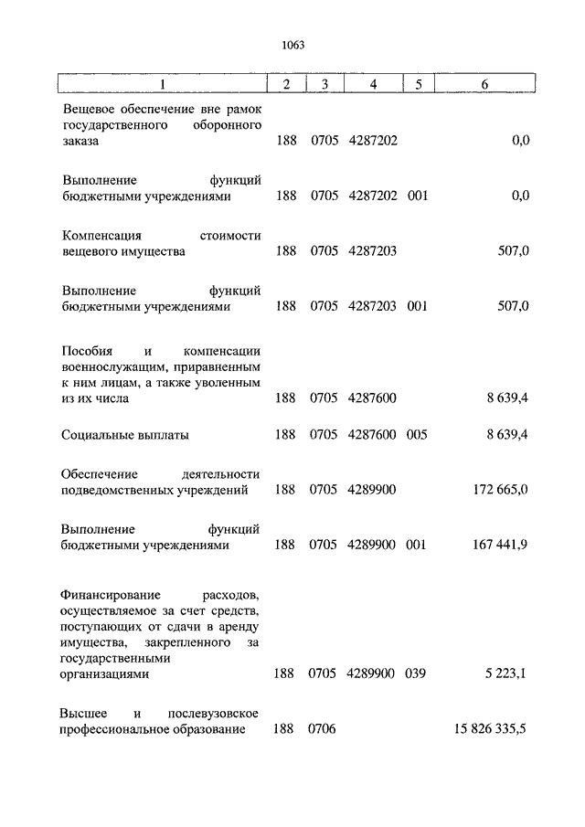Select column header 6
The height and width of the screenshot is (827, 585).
pyautogui.click(x=484, y=84)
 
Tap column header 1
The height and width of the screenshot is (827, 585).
pyautogui.click(x=163, y=84)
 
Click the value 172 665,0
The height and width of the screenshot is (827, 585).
pyautogui.click(x=502, y=490)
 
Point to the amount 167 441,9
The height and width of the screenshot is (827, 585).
pyautogui.click(x=502, y=545)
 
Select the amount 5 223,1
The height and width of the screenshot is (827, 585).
pyautogui.click(x=507, y=673)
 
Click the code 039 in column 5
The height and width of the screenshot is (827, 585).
pyautogui.click(x=417, y=673)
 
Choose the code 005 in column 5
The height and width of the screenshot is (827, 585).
pyautogui.click(x=417, y=435)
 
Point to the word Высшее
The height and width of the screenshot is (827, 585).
pyautogui.click(x=84, y=712)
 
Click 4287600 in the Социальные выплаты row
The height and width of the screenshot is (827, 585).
pyautogui.click(x=372, y=435)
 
